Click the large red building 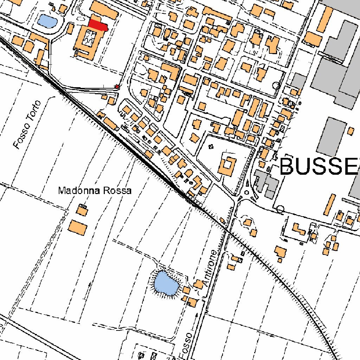point(97,25)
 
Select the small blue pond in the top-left point(46,21)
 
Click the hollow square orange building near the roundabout point(227,166)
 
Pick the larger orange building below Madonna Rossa point(77,227)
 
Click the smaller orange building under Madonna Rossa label point(82,211)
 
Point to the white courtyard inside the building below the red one point(88,38)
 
